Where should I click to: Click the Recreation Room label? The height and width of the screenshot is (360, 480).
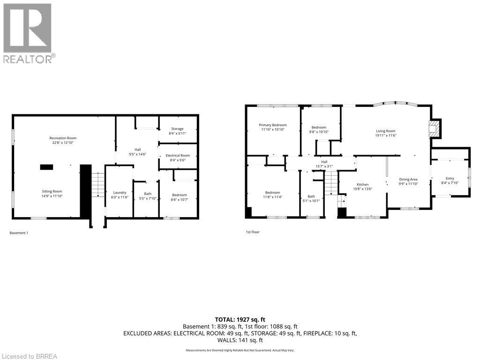pos(63,138)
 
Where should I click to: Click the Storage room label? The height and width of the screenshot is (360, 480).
pos(177,128)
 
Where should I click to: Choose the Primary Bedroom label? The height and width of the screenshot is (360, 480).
pos(273,125)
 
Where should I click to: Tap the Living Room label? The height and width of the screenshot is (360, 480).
pos(386,131)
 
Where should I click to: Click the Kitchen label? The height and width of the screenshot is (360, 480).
pos(362,185)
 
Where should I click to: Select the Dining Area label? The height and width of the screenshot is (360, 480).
pos(408,179)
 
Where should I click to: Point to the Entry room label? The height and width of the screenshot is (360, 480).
pos(450,178)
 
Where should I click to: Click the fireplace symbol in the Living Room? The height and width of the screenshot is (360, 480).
pos(434,129)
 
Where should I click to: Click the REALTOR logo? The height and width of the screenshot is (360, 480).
pos(28,33)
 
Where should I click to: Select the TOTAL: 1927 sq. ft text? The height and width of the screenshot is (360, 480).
pos(240,319)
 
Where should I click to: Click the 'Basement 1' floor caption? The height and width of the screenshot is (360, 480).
pos(19,232)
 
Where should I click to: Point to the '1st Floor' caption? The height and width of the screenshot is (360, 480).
pos(253,232)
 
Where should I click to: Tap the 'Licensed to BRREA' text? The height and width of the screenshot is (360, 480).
pos(29,356)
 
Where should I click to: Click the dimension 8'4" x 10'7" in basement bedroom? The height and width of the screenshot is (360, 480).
pos(179,200)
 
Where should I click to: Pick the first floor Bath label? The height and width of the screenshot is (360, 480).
pos(311,196)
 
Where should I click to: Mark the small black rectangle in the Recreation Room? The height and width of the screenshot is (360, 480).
pos(46,166)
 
